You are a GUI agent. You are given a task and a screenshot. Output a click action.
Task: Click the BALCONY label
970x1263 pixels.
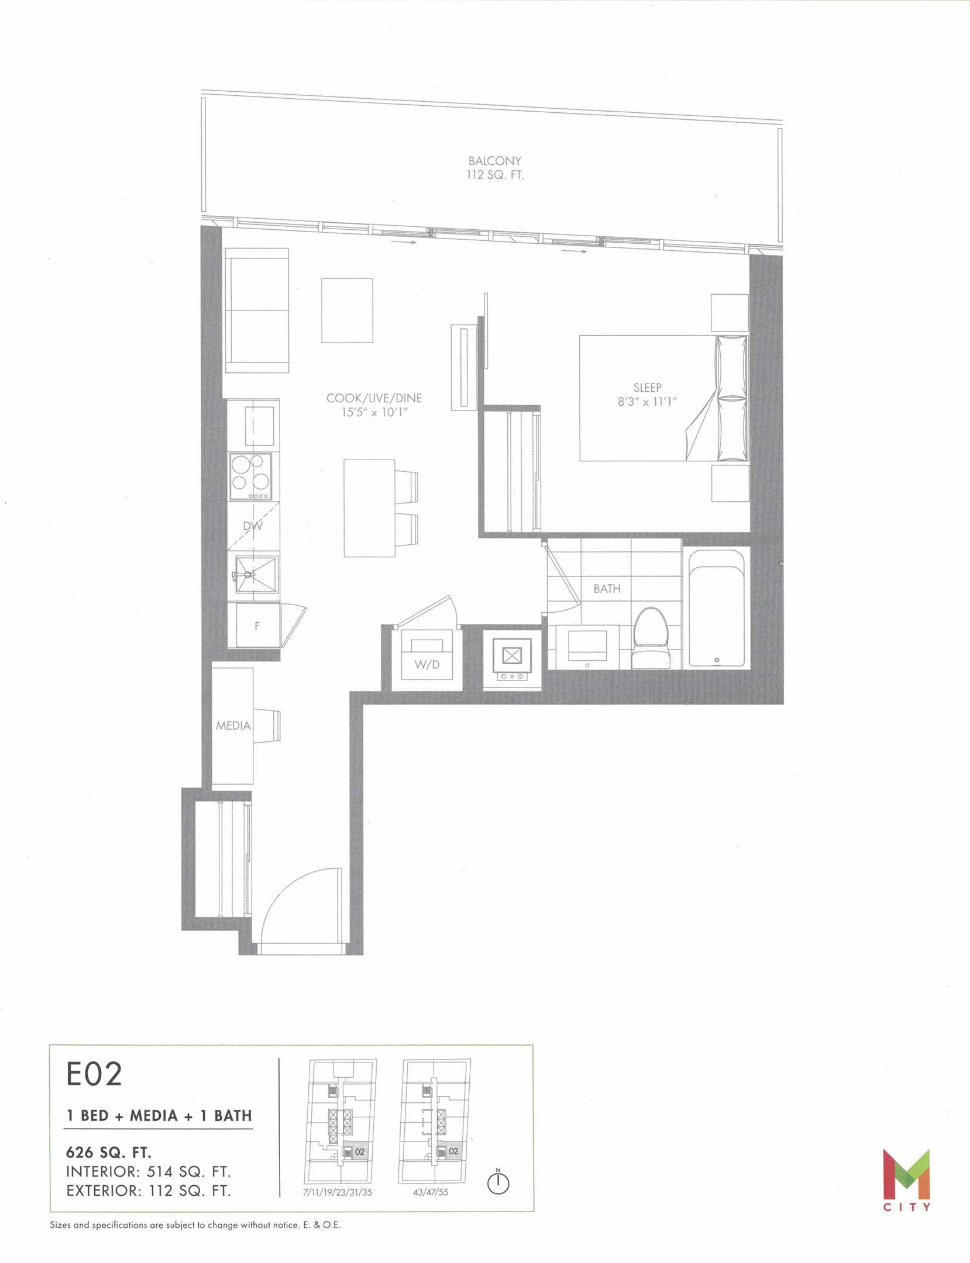pyautogui.click(x=494, y=161)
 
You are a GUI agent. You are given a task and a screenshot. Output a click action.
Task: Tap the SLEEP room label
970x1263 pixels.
pyautogui.click(x=647, y=388)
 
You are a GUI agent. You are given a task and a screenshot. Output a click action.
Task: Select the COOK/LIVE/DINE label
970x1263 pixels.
pyautogui.click(x=374, y=398)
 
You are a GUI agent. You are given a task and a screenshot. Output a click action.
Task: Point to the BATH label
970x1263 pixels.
pyautogui.click(x=607, y=589)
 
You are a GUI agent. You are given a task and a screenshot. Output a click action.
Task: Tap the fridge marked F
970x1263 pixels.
pyautogui.click(x=257, y=625)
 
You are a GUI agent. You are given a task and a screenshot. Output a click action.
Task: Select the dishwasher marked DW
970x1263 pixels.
pyautogui.click(x=253, y=526)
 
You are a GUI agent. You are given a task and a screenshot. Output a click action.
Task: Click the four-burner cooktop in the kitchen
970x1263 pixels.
pyautogui.click(x=250, y=477)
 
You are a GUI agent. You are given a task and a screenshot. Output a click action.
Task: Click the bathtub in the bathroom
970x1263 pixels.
pyautogui.click(x=717, y=608)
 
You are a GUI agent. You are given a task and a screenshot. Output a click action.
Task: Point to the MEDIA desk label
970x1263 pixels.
pyautogui.click(x=233, y=726)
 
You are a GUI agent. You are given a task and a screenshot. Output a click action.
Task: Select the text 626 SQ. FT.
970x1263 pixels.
pyautogui.click(x=109, y=1152)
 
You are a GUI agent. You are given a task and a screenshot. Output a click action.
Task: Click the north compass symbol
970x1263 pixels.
pyautogui.click(x=498, y=1182)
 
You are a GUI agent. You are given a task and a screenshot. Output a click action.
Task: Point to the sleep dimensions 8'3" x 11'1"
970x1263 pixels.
pyautogui.click(x=647, y=402)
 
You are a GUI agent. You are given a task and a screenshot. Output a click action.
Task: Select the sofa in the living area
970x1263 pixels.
pyautogui.click(x=257, y=310)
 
